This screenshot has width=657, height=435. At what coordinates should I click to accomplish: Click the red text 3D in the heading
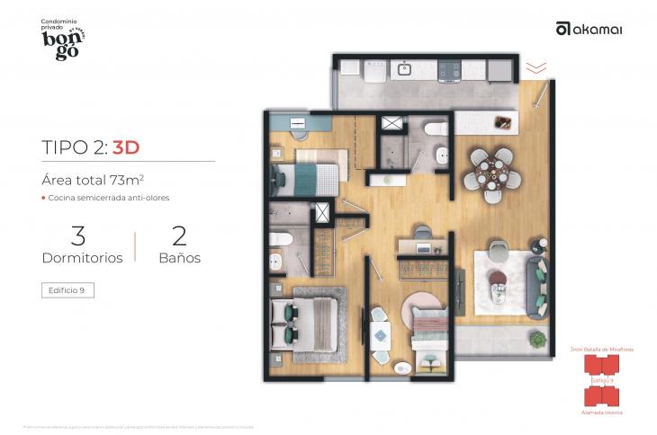tap(125, 146)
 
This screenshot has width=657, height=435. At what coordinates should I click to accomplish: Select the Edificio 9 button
tap(67, 290)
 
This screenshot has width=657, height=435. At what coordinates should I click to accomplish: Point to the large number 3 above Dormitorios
tap(78, 236)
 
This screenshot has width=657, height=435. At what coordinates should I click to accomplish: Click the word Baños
tap(179, 257)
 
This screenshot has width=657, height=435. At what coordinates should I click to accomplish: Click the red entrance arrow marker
tap(535, 67)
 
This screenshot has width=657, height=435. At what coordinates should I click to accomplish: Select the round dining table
tap(488, 170)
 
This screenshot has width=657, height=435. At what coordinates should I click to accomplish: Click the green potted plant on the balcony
tap(538, 339)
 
